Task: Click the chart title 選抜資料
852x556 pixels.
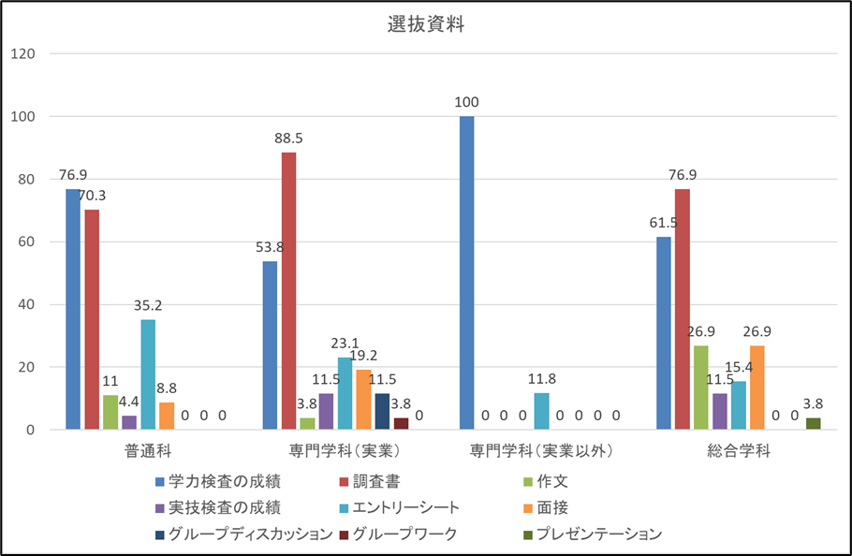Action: click(426, 25)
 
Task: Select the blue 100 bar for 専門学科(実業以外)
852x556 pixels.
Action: click(466, 273)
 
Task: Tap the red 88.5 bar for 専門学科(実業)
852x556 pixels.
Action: click(288, 291)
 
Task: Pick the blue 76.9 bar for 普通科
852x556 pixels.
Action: click(73, 309)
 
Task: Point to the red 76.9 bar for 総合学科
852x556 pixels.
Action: click(683, 309)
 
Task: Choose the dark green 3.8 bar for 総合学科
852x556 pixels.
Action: click(813, 424)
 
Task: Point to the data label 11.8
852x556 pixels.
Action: click(541, 379)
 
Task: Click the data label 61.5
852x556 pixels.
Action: click(663, 223)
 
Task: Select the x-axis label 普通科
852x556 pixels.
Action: click(147, 451)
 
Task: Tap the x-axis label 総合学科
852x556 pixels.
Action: click(739, 451)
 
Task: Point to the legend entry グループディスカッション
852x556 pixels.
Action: click(248, 534)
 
